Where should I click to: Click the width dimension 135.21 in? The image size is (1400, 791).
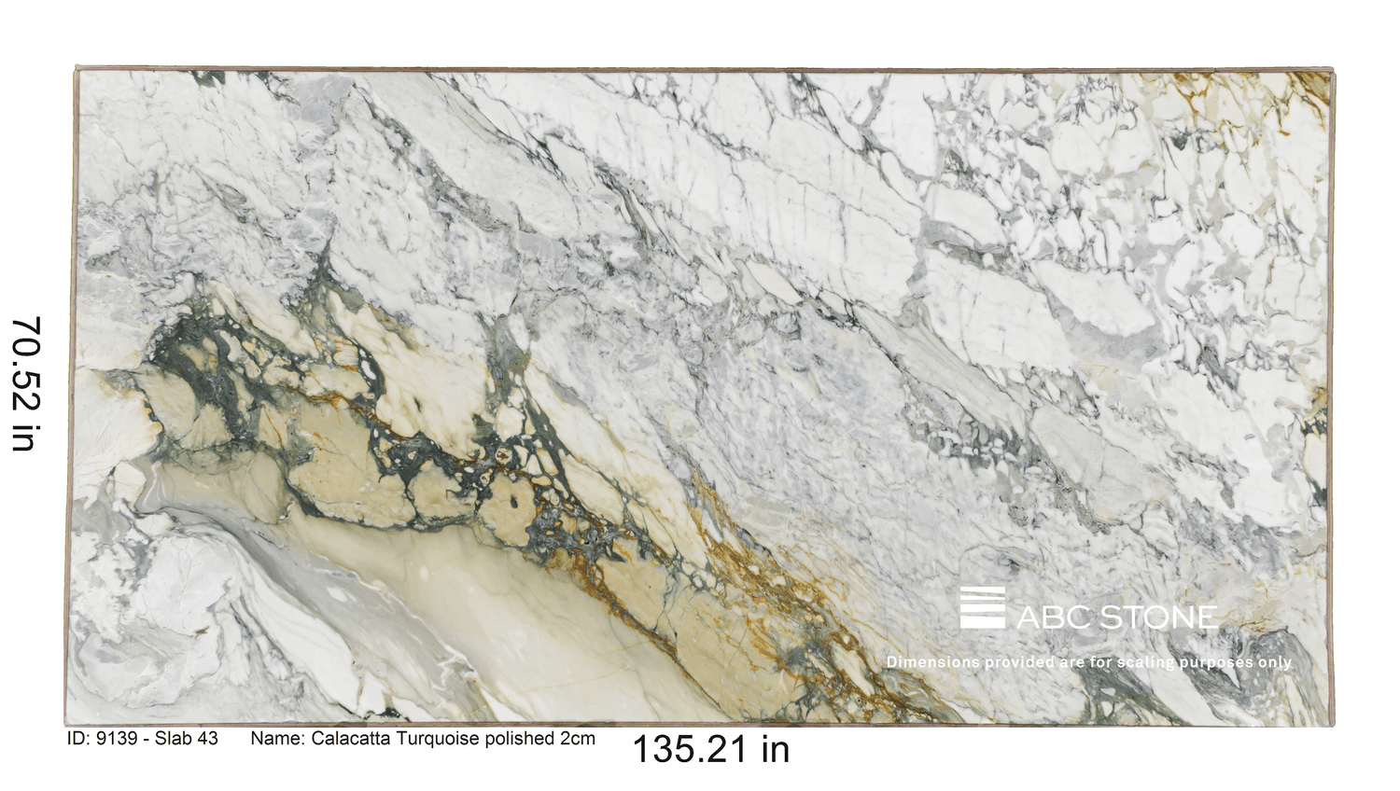point(710,749)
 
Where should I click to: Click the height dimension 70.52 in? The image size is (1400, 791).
point(25,383)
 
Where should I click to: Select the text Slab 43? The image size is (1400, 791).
point(186,739)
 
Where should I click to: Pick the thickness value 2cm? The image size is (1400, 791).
point(578,739)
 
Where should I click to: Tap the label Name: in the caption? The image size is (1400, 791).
point(277,739)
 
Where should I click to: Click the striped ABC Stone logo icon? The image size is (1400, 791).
point(983,607)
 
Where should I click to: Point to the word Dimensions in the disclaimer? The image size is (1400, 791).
point(933,662)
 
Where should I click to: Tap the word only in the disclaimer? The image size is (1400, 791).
point(1275,662)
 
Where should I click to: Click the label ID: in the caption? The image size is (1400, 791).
point(78,739)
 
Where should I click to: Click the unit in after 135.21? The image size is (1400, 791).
point(775,749)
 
